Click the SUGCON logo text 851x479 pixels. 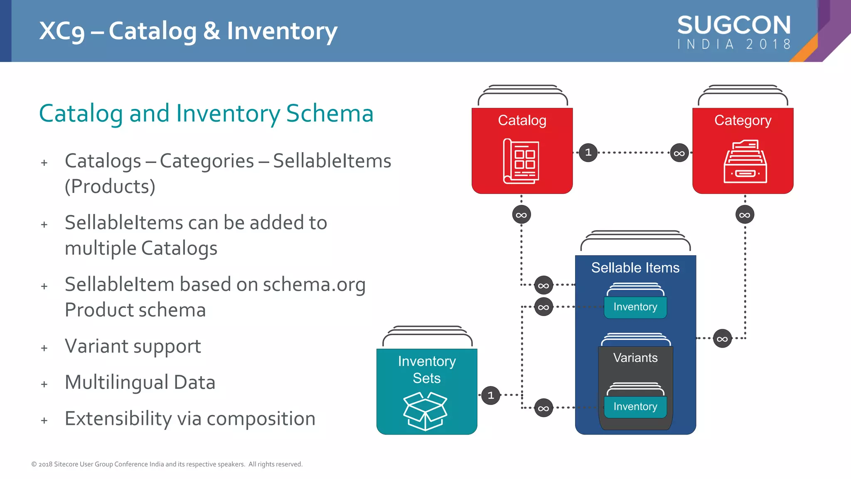pyautogui.click(x=734, y=25)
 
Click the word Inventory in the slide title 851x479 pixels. pyautogui.click(x=282, y=32)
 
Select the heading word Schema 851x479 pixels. pyautogui.click(x=330, y=113)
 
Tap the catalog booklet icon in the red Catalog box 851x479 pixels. pyautogui.click(x=521, y=161)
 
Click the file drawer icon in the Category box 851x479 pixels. pyautogui.click(x=745, y=162)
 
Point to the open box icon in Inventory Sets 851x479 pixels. pyautogui.click(x=425, y=411)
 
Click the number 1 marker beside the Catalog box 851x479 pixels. pyautogui.click(x=588, y=153)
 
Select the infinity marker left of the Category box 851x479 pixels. pyautogui.click(x=679, y=153)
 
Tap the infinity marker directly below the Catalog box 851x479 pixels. pyautogui.click(x=521, y=215)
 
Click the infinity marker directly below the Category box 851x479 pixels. pyautogui.click(x=745, y=215)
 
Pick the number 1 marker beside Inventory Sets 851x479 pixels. pyautogui.click(x=491, y=395)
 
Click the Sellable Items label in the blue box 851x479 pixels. pyautogui.click(x=635, y=268)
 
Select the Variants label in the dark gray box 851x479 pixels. pyautogui.click(x=635, y=358)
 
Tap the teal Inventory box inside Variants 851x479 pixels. pyautogui.click(x=635, y=407)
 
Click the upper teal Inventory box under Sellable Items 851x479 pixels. pyautogui.click(x=635, y=307)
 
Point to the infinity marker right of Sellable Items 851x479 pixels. pyautogui.click(x=722, y=339)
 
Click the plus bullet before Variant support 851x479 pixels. pyautogui.click(x=44, y=348)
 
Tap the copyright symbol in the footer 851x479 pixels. pyautogui.click(x=34, y=464)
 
